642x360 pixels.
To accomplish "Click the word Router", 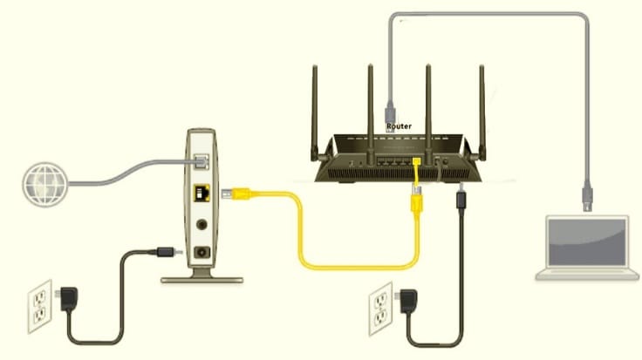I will click(x=399, y=126).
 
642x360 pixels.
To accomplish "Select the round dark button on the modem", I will click(x=203, y=224).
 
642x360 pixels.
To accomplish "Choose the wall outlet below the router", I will click(x=380, y=309).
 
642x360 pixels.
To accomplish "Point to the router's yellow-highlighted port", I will click(x=418, y=162).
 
